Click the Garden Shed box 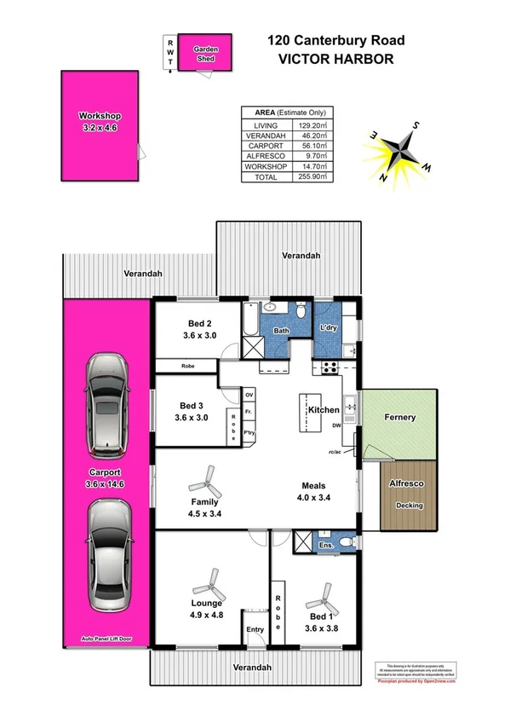pyautogui.click(x=205, y=55)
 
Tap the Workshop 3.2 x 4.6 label pyautogui.click(x=100, y=121)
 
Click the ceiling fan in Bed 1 pyautogui.click(x=326, y=594)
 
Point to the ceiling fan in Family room pyautogui.click(x=209, y=483)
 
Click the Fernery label pyautogui.click(x=398, y=417)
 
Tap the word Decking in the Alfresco pyautogui.click(x=409, y=506)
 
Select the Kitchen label pyautogui.click(x=324, y=410)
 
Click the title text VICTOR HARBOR pyautogui.click(x=336, y=60)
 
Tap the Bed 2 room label pyautogui.click(x=200, y=323)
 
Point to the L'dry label pyautogui.click(x=329, y=328)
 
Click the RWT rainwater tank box pyautogui.click(x=171, y=54)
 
